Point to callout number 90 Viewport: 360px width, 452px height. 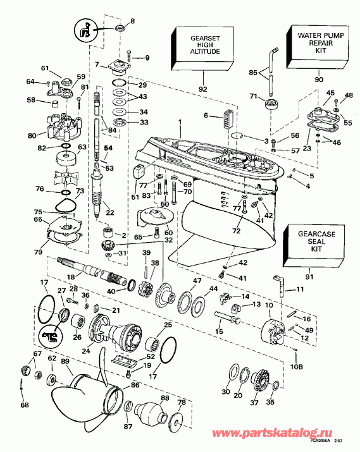318,80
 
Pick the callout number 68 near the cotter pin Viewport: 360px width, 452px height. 25,405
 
